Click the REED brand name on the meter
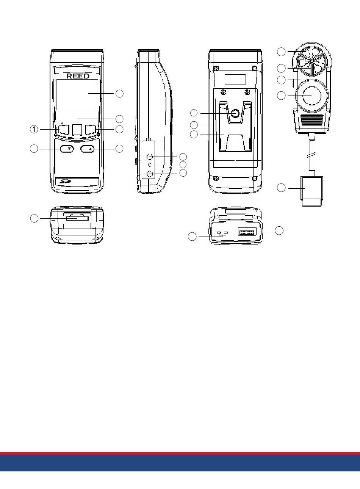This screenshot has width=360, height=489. click(x=78, y=76)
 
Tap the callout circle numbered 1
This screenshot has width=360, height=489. click(x=34, y=129)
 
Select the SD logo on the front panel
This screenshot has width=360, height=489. click(x=66, y=181)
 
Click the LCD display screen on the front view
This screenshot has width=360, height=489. click(x=77, y=95)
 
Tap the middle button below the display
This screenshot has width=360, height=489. click(x=77, y=130)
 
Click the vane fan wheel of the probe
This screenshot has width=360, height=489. click(x=311, y=61)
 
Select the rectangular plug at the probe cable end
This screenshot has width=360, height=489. click(x=312, y=191)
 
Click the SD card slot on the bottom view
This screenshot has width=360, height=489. click(x=77, y=218)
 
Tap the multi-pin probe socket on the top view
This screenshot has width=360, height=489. click(x=247, y=231)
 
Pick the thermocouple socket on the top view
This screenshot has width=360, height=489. click(x=222, y=234)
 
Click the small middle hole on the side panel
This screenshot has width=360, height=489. click(x=150, y=165)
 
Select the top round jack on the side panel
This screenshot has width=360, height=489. click(x=149, y=157)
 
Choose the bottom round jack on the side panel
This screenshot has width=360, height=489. click(x=150, y=174)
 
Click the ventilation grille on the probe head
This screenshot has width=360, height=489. click(x=312, y=121)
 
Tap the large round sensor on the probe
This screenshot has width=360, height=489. click(x=312, y=96)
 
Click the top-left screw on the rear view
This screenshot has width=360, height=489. click(x=216, y=68)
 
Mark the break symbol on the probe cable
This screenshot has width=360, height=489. click(x=312, y=156)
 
